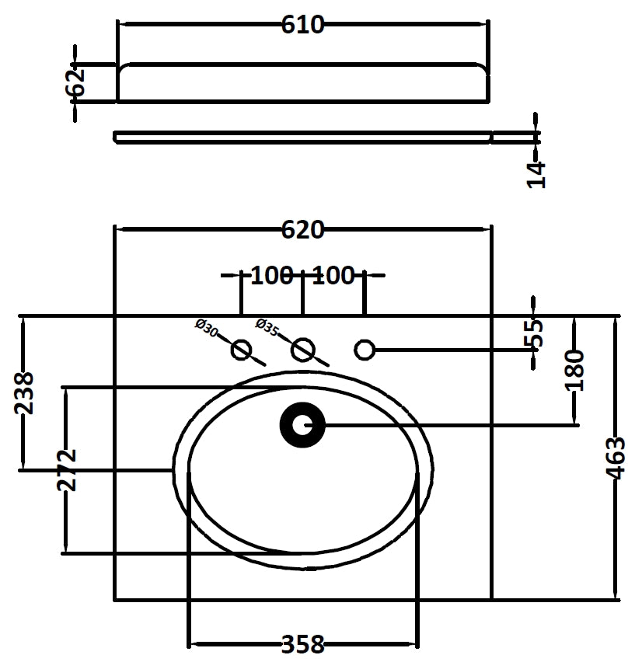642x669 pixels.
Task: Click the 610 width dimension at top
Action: click(302, 25)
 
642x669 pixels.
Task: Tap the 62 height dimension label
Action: click(76, 82)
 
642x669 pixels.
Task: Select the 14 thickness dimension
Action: click(537, 174)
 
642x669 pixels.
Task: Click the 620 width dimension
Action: click(302, 230)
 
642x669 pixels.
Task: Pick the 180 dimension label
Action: click(575, 371)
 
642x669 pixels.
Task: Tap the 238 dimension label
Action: click(24, 392)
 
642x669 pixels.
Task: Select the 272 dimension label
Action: click(67, 469)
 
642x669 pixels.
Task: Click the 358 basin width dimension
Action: click(302, 644)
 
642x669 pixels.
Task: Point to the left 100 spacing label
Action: click(271, 275)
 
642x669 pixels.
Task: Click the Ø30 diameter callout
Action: click(206, 327)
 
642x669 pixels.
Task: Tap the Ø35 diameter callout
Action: click(267, 327)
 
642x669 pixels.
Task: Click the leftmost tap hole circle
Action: click(241, 350)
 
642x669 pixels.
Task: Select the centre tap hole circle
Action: click(302, 350)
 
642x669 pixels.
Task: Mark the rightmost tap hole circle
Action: click(364, 350)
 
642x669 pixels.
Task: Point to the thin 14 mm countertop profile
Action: click(302, 138)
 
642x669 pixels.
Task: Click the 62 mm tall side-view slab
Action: click(302, 82)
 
